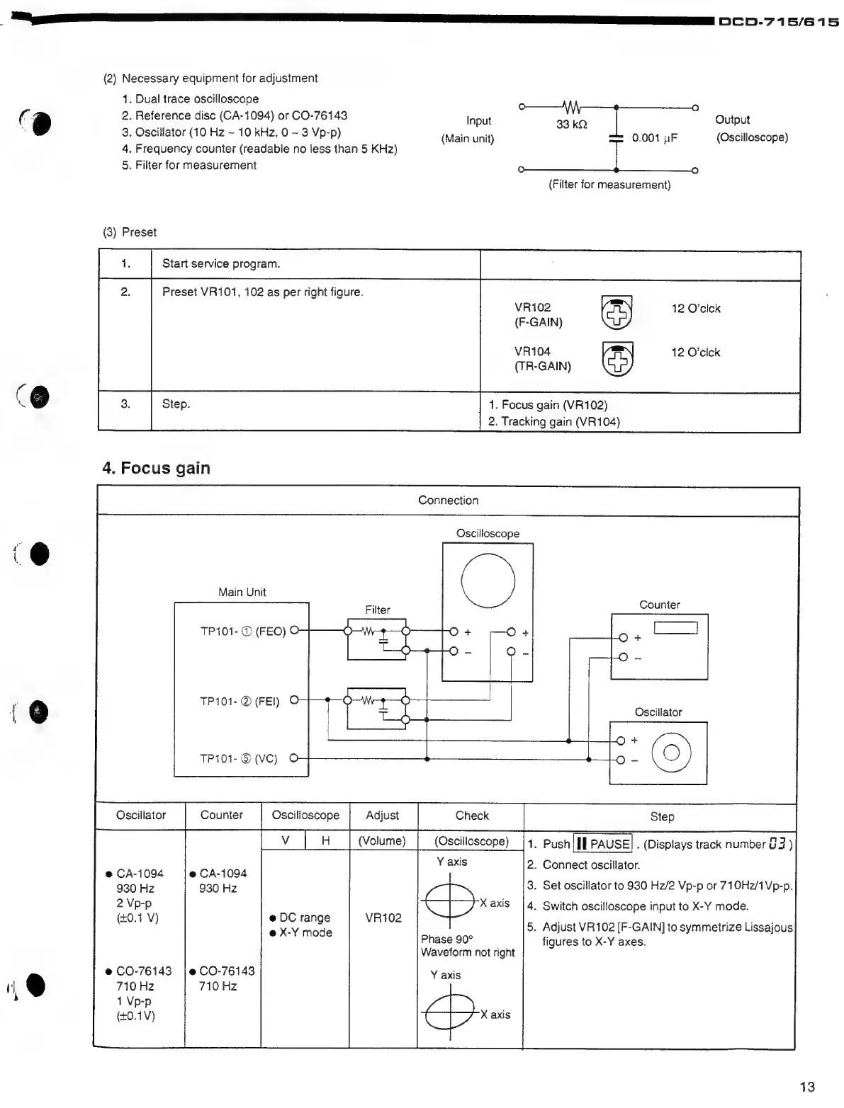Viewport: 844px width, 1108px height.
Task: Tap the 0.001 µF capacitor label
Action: pos(654,138)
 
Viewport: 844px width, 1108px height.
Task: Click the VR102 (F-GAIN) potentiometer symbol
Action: pos(617,313)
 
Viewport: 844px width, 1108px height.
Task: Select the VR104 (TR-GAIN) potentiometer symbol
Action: pos(617,358)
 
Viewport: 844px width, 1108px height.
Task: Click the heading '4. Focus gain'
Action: pos(156,468)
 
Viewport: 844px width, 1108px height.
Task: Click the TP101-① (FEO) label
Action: pos(242,632)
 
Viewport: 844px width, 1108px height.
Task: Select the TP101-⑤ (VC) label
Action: pos(238,759)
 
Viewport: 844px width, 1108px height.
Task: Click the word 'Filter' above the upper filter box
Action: pos(378,610)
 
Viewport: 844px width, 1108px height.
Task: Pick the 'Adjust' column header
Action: pos(382,816)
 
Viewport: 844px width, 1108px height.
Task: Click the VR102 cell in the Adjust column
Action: pos(383,918)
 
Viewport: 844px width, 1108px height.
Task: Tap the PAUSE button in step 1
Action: pos(602,844)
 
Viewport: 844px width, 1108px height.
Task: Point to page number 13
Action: pos(806,1087)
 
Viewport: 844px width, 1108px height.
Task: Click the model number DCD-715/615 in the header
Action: pos(779,22)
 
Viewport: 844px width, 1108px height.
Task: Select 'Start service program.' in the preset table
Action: pos(221,264)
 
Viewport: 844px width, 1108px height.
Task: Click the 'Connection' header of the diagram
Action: pos(448,501)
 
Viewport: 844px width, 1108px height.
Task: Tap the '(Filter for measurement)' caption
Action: pos(609,185)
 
